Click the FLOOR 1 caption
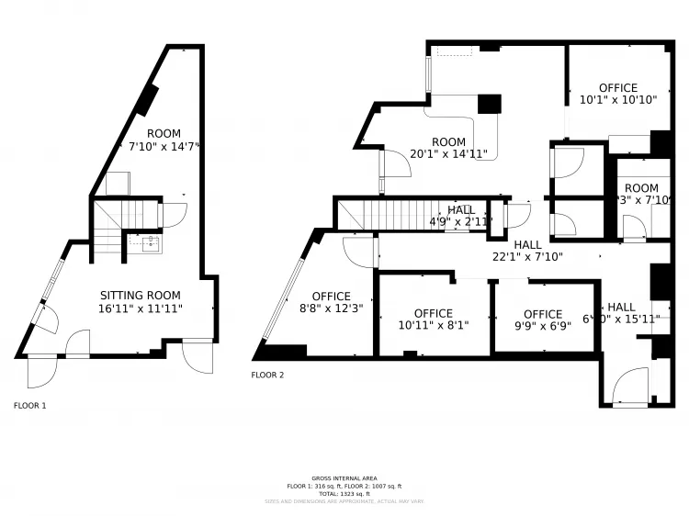pyautogui.click(x=29, y=405)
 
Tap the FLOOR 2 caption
pyautogui.click(x=268, y=375)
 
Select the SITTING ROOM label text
pyautogui.click(x=141, y=296)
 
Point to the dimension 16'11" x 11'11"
pyautogui.click(x=141, y=309)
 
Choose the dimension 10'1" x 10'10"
pyautogui.click(x=617, y=100)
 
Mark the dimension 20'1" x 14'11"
pyautogui.click(x=448, y=154)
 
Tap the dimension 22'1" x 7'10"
pyautogui.click(x=527, y=258)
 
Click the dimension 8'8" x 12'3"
pyautogui.click(x=331, y=308)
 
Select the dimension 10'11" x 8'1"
pyautogui.click(x=433, y=326)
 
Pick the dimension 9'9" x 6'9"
pyautogui.click(x=542, y=326)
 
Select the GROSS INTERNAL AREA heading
pyautogui.click(x=344, y=478)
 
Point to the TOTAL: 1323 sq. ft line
pyautogui.click(x=344, y=494)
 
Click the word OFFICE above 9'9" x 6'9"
pyautogui.click(x=542, y=314)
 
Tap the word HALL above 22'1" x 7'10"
pyautogui.click(x=527, y=245)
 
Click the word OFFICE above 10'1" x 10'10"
pyautogui.click(x=617, y=88)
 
